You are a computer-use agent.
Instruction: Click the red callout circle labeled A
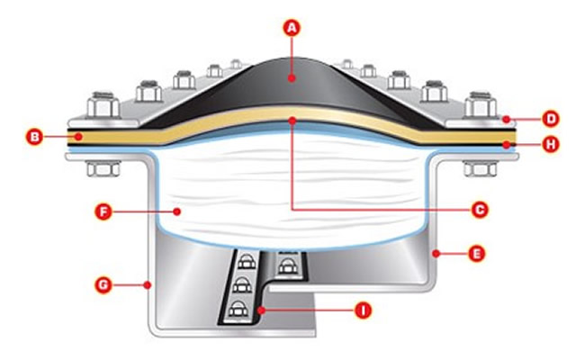pos(290,28)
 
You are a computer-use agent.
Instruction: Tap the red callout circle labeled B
pos(34,137)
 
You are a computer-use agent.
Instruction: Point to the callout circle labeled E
pos(476,254)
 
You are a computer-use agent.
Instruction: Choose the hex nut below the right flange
pos(474,166)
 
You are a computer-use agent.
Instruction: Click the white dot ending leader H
pos(508,143)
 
